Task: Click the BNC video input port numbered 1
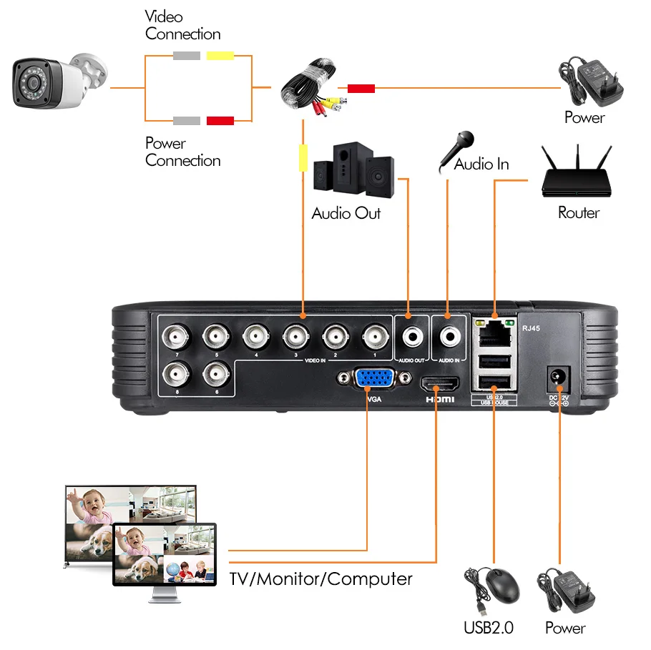pyautogui.click(x=374, y=335)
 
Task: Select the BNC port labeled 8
pyautogui.click(x=175, y=374)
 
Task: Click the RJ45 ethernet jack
pyautogui.click(x=494, y=332)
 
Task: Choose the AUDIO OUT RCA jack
pyautogui.click(x=410, y=335)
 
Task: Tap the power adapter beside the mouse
pyautogui.click(x=568, y=588)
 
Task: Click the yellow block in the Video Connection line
pyautogui.click(x=220, y=56)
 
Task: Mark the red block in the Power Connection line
pyautogui.click(x=220, y=120)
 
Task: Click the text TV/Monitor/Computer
pyautogui.click(x=320, y=578)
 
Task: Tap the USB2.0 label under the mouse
pyautogui.click(x=488, y=628)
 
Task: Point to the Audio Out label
pyautogui.click(x=346, y=213)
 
